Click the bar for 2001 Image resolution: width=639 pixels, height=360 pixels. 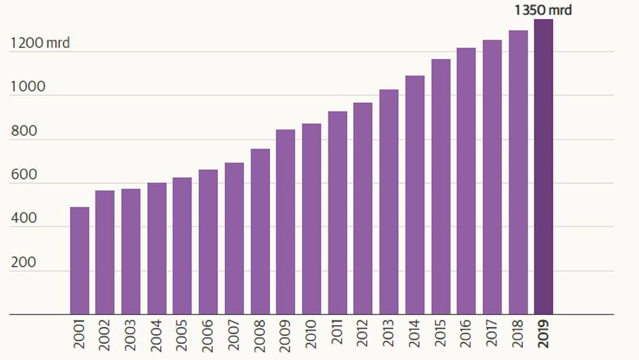(x=79, y=261)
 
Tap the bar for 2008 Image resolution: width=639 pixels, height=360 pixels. (x=260, y=232)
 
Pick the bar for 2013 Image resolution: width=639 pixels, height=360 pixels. (x=389, y=202)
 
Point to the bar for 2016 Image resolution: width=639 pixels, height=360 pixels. (x=466, y=181)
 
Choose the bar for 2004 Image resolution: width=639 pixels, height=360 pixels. (x=157, y=249)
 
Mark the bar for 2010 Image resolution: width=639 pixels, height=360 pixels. (x=311, y=219)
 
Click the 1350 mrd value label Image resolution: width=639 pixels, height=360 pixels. (x=543, y=10)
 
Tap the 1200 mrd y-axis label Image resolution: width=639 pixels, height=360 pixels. (x=40, y=43)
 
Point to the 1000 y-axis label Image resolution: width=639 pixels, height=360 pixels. (x=28, y=87)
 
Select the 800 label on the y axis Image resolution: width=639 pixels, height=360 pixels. (x=24, y=131)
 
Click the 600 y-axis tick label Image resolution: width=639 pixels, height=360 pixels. (x=24, y=175)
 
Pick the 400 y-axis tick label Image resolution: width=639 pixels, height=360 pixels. (x=24, y=218)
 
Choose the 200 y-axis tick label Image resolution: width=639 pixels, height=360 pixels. (x=24, y=262)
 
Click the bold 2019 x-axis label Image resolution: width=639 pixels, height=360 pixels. (x=544, y=335)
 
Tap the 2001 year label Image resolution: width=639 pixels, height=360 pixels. (x=80, y=335)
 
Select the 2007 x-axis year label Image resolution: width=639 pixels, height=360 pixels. (x=234, y=335)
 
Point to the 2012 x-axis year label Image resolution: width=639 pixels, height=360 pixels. (x=363, y=335)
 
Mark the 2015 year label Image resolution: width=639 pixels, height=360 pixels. (x=441, y=335)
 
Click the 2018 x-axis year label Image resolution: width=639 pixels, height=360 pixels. (x=518, y=335)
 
